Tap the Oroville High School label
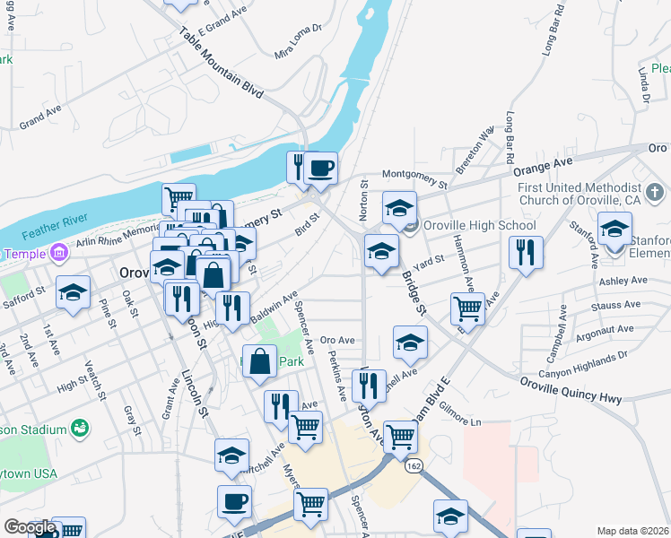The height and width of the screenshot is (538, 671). [x=479, y=225]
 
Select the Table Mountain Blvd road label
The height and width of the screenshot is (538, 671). [x=221, y=62]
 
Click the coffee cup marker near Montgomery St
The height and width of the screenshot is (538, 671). [x=320, y=168]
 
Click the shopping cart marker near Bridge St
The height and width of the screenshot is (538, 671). [x=467, y=308]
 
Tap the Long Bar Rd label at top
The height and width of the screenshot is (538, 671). [x=552, y=30]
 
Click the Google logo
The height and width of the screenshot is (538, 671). [x=30, y=527]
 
